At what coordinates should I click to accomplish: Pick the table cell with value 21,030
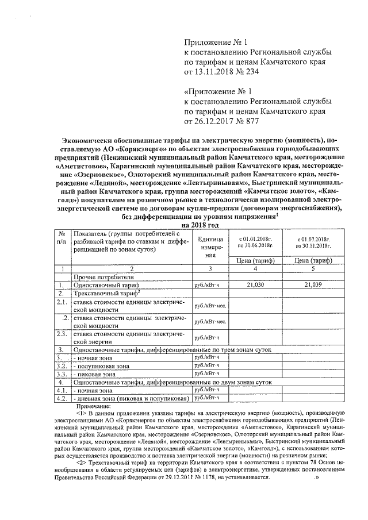tap(255, 284)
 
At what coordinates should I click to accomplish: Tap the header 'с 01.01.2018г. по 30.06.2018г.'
tap(255, 241)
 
